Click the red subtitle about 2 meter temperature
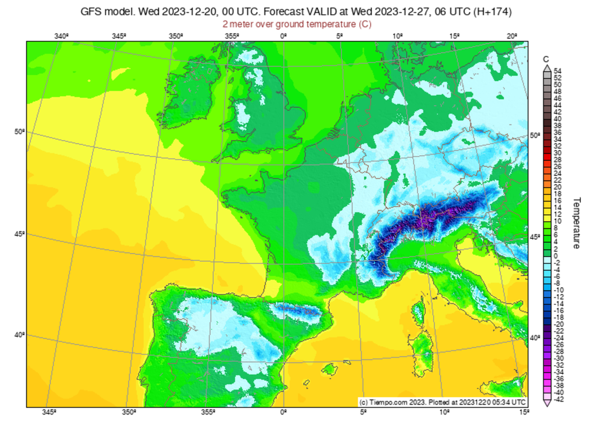[296, 24]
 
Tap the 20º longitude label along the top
[511, 36]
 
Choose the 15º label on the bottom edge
[524, 412]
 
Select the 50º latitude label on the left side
[19, 132]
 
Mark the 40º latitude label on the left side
[19, 335]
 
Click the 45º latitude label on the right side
[536, 237]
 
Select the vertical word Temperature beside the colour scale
[577, 223]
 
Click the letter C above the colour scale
[546, 59]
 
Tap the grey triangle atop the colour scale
[547, 68]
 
